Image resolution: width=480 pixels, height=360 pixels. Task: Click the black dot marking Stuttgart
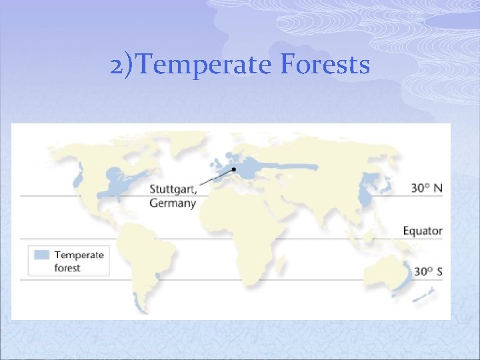pyautogui.click(x=233, y=169)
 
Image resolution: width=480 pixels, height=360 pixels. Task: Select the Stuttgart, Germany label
pyautogui.click(x=173, y=195)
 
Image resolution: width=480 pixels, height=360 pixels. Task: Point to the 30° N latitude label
pyautogui.click(x=426, y=188)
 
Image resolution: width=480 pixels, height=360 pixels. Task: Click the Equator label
pyautogui.click(x=422, y=231)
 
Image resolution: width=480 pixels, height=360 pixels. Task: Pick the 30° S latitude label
pyautogui.click(x=427, y=271)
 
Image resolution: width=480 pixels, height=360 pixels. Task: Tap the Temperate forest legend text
pyautogui.click(x=79, y=261)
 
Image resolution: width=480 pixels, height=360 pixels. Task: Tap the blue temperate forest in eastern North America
pyautogui.click(x=120, y=183)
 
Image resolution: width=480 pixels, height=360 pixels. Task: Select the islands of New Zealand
pyautogui.click(x=427, y=293)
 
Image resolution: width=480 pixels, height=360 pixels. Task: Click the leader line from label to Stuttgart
pyautogui.click(x=217, y=177)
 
